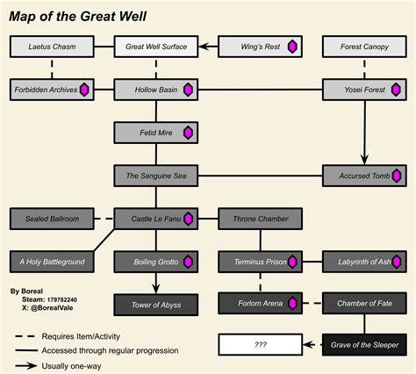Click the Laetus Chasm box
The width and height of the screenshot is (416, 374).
coord(52,47)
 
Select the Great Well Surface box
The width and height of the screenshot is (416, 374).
coord(156,47)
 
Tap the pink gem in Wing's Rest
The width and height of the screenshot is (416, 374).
coord(292,47)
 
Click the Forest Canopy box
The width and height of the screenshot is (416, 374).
coord(364,47)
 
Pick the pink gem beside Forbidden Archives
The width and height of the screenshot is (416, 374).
coord(84,90)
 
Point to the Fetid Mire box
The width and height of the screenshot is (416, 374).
coord(156,133)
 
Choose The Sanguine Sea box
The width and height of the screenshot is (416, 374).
coord(156,176)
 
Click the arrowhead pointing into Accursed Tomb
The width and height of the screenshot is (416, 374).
coord(364,160)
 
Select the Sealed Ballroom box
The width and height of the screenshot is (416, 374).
coord(52,219)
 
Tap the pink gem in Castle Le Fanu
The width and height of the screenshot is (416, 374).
coord(188,219)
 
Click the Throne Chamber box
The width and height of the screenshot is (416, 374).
coord(261,219)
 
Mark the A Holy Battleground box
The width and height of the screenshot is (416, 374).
coord(52,262)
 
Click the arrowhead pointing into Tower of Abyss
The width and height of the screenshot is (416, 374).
coord(156,289)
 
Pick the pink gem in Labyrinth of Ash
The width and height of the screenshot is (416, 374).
coord(397,262)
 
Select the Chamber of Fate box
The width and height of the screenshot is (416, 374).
coord(364,303)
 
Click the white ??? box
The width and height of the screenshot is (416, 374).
coord(261,345)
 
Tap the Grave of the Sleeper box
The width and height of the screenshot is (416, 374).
coord(364,345)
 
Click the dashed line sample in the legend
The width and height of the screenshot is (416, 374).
coord(25,336)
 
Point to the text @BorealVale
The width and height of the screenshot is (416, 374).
coord(52,308)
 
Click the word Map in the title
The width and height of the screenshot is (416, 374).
coord(21,17)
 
